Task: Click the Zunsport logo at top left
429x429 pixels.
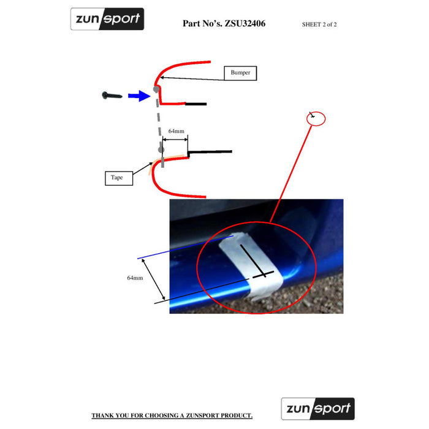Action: (x=107, y=19)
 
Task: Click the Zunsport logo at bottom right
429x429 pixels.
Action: (x=317, y=408)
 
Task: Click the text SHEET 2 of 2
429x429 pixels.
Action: (x=319, y=25)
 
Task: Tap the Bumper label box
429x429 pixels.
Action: (x=240, y=73)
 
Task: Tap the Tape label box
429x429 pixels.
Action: (x=116, y=178)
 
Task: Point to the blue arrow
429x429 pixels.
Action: (x=139, y=95)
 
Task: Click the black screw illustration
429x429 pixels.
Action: (x=112, y=95)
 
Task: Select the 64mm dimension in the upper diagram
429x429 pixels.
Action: (x=177, y=132)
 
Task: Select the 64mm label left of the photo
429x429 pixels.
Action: (x=135, y=278)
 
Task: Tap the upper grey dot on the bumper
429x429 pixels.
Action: (x=157, y=89)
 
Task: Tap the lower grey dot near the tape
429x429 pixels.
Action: (x=161, y=148)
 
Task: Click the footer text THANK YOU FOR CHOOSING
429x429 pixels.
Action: (x=172, y=416)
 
